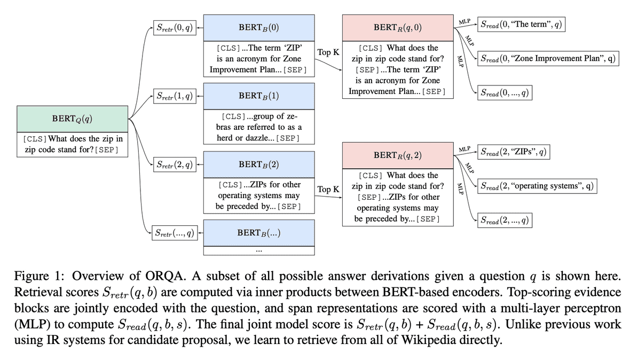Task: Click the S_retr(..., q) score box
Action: pos(175,232)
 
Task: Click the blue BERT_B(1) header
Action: pos(258,97)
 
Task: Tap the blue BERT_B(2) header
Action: pos(258,165)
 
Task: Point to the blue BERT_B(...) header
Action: pos(258,232)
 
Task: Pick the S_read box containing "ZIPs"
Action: pos(513,152)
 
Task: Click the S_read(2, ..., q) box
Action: pos(505,220)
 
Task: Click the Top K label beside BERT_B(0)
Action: pos(328,52)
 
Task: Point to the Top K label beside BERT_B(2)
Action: pos(328,189)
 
